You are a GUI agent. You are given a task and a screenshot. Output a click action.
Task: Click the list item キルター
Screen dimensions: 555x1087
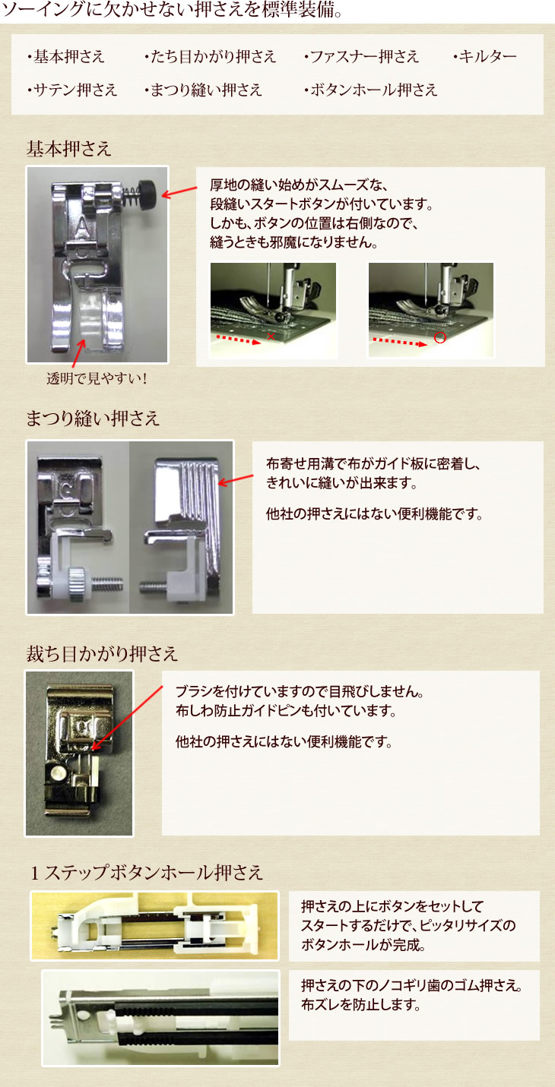click(487, 57)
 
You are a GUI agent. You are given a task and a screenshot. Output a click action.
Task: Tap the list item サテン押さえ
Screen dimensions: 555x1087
click(75, 90)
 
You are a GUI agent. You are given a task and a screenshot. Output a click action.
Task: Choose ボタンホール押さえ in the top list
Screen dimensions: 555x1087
click(373, 90)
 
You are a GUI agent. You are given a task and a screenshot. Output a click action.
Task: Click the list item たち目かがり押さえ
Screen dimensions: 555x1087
click(213, 57)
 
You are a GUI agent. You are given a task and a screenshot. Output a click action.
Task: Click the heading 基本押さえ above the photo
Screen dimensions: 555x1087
click(68, 149)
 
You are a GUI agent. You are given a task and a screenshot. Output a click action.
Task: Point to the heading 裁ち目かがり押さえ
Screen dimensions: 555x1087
click(102, 654)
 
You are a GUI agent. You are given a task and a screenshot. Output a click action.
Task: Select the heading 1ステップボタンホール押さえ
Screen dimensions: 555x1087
click(147, 873)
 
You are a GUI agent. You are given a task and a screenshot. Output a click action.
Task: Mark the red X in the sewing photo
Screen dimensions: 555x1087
click(271, 336)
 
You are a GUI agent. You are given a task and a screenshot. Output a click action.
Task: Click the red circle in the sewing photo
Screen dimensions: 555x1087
click(439, 338)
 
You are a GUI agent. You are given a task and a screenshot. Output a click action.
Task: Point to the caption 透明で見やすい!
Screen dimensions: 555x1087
click(97, 378)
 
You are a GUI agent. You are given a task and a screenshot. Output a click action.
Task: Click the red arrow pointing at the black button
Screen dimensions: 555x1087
click(179, 191)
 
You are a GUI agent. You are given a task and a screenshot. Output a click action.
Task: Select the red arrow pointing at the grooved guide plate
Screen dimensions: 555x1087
click(236, 479)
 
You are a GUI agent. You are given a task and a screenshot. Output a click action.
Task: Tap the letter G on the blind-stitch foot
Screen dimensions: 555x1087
click(68, 490)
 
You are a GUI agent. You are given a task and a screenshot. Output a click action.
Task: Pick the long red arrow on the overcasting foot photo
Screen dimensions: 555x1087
click(127, 718)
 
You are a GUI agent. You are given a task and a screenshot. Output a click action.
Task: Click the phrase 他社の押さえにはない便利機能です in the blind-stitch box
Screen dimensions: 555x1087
click(374, 514)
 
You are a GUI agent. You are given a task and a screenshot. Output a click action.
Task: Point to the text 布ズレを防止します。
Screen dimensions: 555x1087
click(360, 1004)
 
